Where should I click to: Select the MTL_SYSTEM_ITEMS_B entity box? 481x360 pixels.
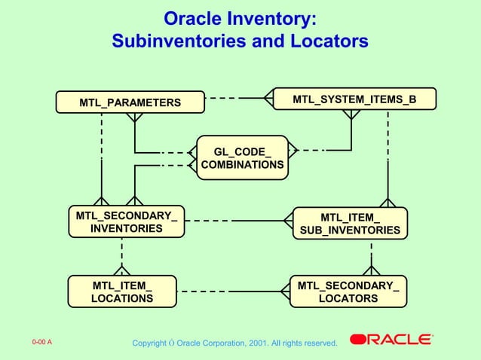354,99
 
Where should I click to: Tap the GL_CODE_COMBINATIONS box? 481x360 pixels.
242,157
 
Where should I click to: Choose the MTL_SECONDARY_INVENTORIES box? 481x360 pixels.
127,222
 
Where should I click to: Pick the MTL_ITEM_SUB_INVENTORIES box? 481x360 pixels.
350,224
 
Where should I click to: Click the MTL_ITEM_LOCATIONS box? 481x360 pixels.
122,291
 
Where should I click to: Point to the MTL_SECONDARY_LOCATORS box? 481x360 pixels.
348,291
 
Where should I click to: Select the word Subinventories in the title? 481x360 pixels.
179,41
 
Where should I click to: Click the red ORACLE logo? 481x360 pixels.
391,340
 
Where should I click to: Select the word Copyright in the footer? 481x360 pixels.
149,344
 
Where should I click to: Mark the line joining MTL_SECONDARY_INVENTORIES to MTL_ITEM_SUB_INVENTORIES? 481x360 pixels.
234,221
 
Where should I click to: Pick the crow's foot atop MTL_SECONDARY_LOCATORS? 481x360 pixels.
372,269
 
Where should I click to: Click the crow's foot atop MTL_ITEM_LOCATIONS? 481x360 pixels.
121,270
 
